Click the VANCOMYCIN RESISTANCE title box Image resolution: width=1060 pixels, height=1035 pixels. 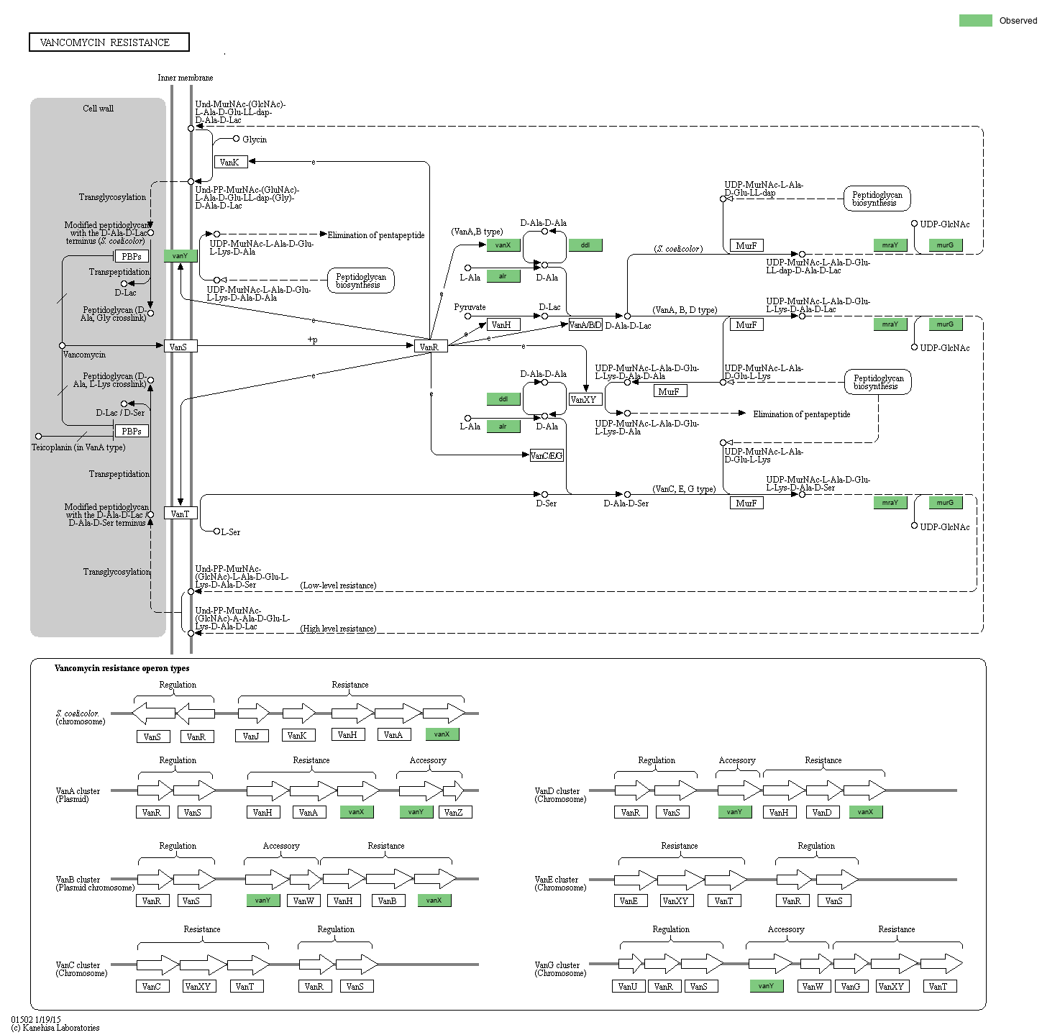point(109,42)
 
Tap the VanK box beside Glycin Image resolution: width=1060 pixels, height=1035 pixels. point(230,163)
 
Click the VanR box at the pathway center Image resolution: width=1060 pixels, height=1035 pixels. point(430,347)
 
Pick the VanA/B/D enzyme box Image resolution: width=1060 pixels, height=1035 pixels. point(585,325)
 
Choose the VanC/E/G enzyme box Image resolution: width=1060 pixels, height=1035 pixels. point(546,455)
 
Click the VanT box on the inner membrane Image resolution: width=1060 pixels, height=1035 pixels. point(181,514)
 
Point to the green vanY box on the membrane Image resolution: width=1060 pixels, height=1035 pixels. point(180,256)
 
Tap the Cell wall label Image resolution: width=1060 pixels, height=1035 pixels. point(98,109)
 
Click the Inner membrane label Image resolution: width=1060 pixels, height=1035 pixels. point(185,78)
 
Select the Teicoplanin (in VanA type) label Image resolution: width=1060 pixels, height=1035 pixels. point(78,447)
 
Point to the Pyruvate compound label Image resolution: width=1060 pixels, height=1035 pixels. point(470,307)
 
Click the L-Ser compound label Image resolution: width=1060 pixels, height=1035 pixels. point(230,532)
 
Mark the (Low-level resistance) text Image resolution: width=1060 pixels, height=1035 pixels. point(338,585)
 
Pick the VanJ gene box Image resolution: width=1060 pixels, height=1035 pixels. point(251,736)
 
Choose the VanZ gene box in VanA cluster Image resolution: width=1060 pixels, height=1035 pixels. point(453,812)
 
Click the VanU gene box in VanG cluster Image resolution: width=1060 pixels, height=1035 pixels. point(628,986)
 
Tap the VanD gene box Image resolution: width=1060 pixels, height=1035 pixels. point(822,812)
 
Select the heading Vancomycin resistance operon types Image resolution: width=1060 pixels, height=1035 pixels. point(122,668)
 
